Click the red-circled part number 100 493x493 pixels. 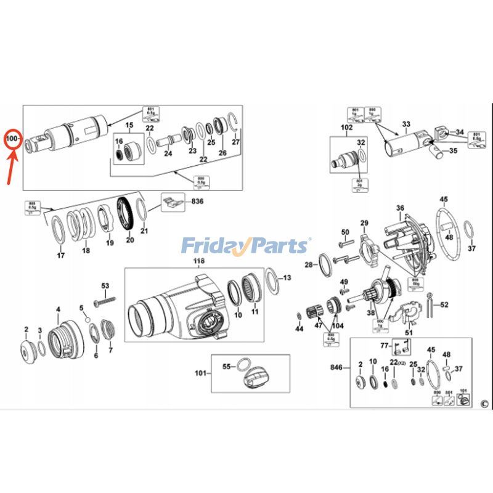12,139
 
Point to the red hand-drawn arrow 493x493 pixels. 10,166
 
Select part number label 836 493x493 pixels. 197,201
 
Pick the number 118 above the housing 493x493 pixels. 198,262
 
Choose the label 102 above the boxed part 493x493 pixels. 346,128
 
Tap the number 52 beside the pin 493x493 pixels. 444,304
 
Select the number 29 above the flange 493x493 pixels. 364,222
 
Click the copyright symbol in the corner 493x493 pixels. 484,404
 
